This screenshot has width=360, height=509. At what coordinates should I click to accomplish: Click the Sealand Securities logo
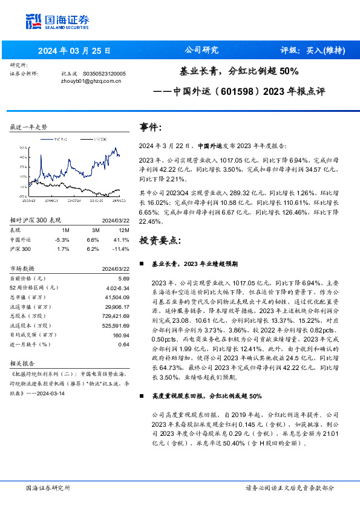pos(58,21)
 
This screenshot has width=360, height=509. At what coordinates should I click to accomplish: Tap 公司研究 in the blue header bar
pos(201,50)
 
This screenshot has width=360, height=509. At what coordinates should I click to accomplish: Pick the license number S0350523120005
pos(103,73)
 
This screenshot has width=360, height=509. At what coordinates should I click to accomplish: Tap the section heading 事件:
pos(151,128)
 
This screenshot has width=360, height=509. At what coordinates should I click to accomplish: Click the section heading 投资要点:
pos(160,240)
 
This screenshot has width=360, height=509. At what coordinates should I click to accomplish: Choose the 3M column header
pos(93,230)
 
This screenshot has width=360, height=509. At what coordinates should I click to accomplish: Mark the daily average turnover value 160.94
pos(121,334)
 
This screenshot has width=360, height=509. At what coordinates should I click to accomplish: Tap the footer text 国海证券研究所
pos(48,487)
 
